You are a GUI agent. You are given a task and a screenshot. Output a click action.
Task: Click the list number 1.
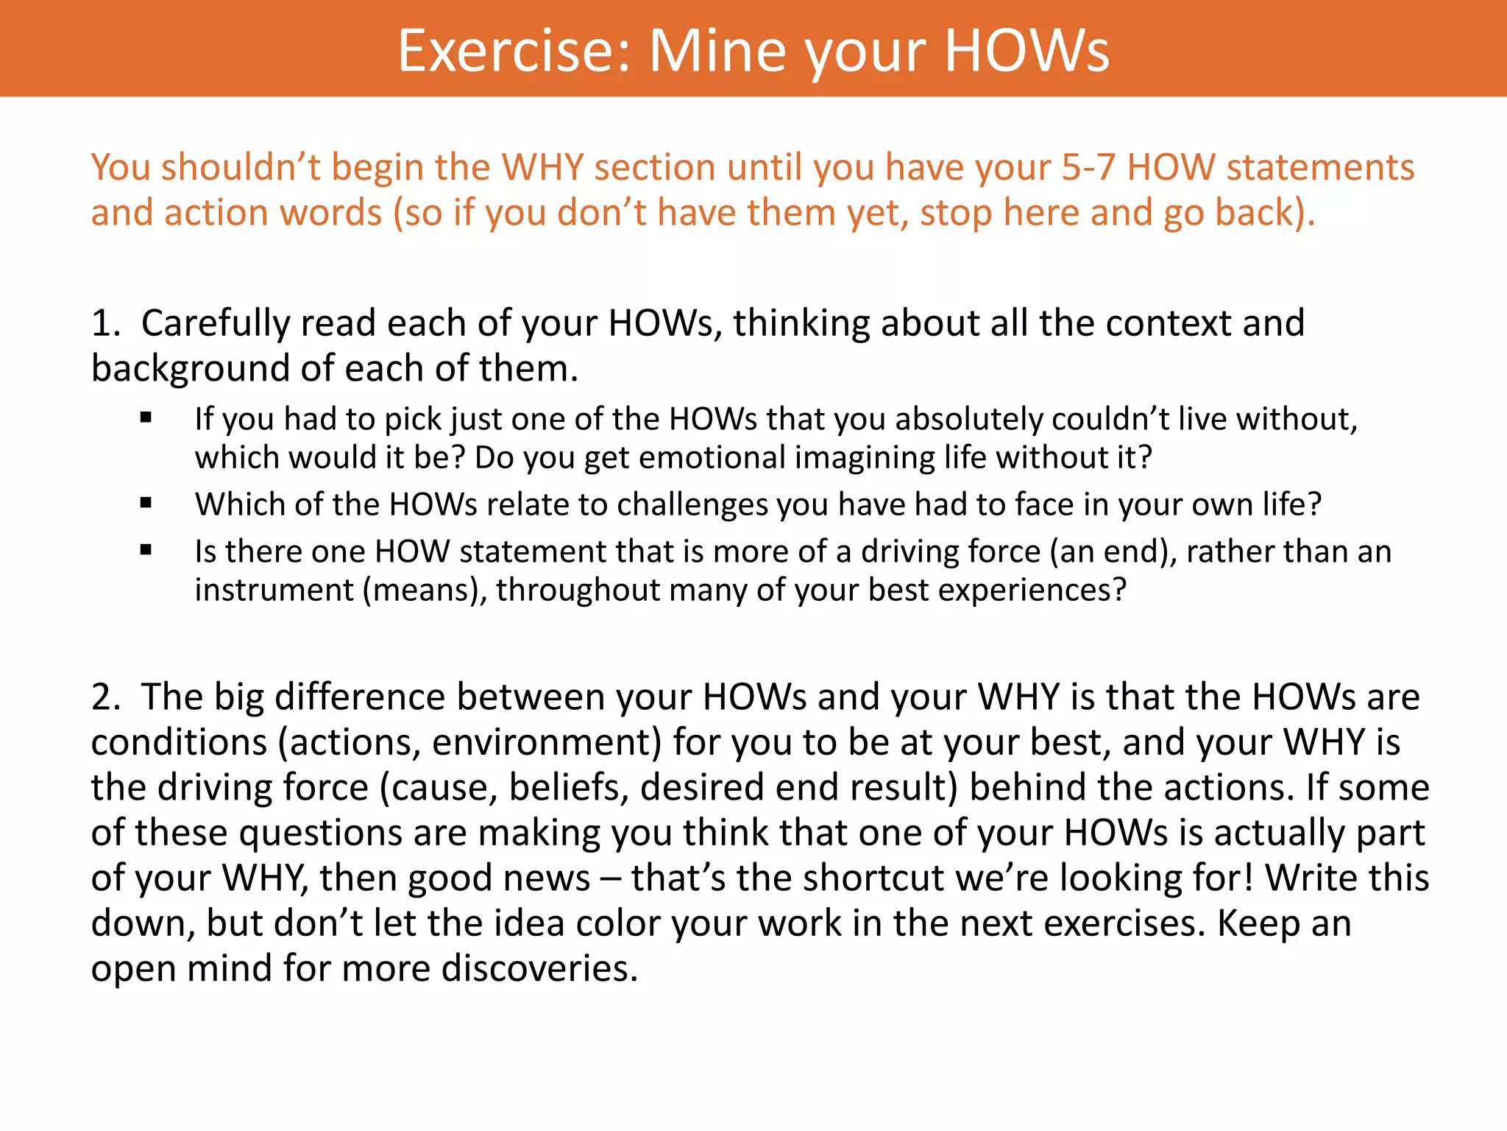click(x=104, y=324)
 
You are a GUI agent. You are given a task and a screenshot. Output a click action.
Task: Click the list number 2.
click(x=105, y=697)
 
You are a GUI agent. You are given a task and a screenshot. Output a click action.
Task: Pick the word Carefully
click(x=215, y=324)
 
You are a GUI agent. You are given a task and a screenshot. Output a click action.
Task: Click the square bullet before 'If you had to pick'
click(x=146, y=418)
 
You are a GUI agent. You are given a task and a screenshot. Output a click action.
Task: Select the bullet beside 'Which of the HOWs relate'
click(x=146, y=504)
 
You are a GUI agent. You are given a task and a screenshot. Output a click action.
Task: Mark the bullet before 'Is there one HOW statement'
click(x=146, y=550)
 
